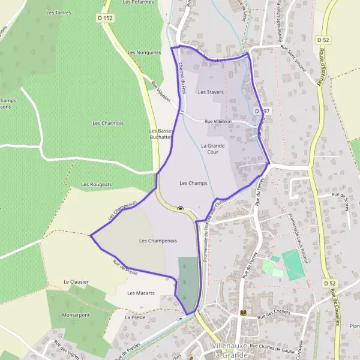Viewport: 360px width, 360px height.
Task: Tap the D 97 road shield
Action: tap(262, 112)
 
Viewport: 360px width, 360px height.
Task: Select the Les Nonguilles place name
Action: tap(144, 52)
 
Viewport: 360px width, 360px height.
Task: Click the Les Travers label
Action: tap(211, 92)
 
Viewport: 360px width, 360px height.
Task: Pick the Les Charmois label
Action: tap(107, 123)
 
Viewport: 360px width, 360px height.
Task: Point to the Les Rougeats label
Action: tap(97, 184)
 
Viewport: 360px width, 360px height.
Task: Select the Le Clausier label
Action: tap(76, 281)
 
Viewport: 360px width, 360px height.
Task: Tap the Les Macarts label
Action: tap(142, 293)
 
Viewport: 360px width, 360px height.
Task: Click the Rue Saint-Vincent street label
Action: tap(295, 59)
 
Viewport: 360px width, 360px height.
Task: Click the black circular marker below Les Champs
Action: tap(181, 209)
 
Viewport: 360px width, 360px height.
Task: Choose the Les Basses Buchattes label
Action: tap(161, 133)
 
